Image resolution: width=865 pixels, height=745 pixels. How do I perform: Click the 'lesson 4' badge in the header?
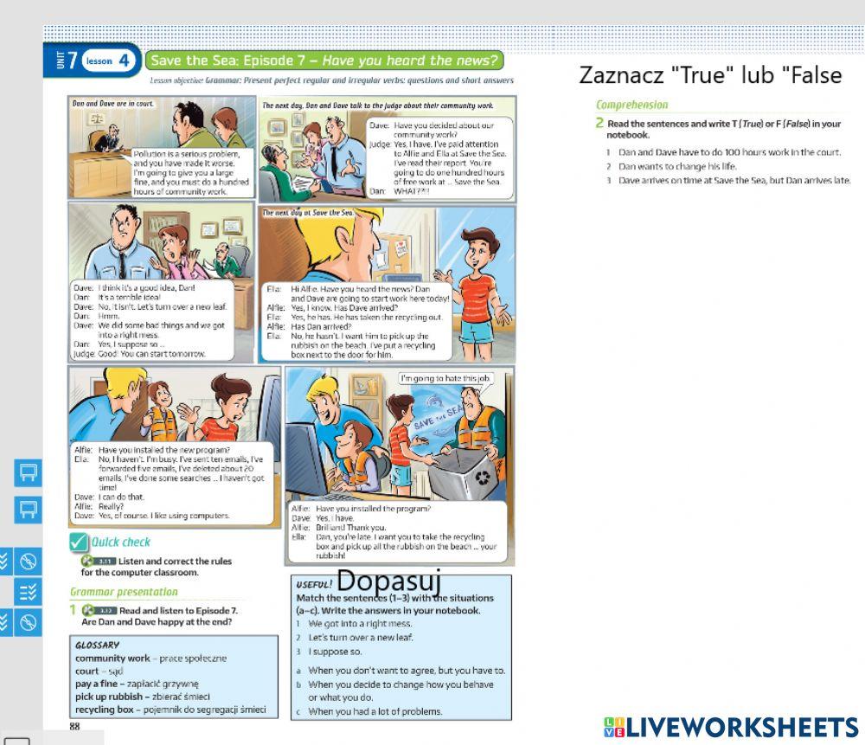tap(110, 61)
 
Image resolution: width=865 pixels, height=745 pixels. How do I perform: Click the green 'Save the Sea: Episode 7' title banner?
tap(324, 61)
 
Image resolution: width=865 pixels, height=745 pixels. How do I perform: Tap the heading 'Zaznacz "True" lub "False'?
tap(710, 75)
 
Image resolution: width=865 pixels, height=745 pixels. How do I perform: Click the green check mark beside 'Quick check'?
tap(80, 542)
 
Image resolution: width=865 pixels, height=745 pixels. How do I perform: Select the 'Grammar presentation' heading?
tap(124, 592)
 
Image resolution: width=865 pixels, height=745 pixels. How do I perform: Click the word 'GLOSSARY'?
tap(98, 644)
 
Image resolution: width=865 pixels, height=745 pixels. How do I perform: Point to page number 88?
tap(74, 728)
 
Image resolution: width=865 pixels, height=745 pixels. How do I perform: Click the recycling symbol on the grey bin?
tap(482, 476)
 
